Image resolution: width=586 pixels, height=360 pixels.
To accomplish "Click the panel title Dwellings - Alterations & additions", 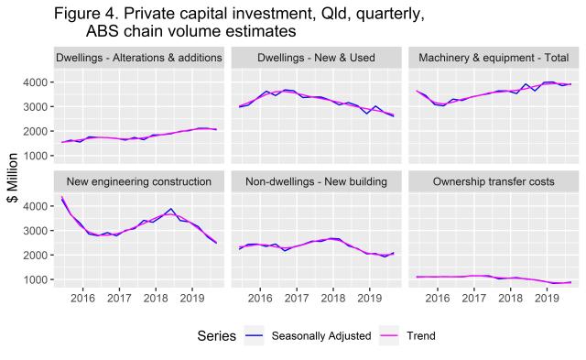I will [138, 58].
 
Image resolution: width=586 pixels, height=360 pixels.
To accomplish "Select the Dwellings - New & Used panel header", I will [317, 58].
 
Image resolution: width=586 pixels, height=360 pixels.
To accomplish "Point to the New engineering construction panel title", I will [138, 181].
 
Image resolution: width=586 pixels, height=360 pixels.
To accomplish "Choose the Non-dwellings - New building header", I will [317, 181].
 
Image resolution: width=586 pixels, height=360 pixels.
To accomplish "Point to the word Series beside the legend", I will [217, 336].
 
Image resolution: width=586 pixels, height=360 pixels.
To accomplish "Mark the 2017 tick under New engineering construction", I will [118, 299].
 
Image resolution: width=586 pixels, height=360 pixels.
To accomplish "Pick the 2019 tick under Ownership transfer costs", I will [548, 299].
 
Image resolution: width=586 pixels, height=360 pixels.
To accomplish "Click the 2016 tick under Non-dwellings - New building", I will [260, 299].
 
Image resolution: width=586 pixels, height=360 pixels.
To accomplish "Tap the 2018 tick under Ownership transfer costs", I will [511, 299].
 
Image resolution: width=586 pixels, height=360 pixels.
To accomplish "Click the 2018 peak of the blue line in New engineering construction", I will [170, 209].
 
